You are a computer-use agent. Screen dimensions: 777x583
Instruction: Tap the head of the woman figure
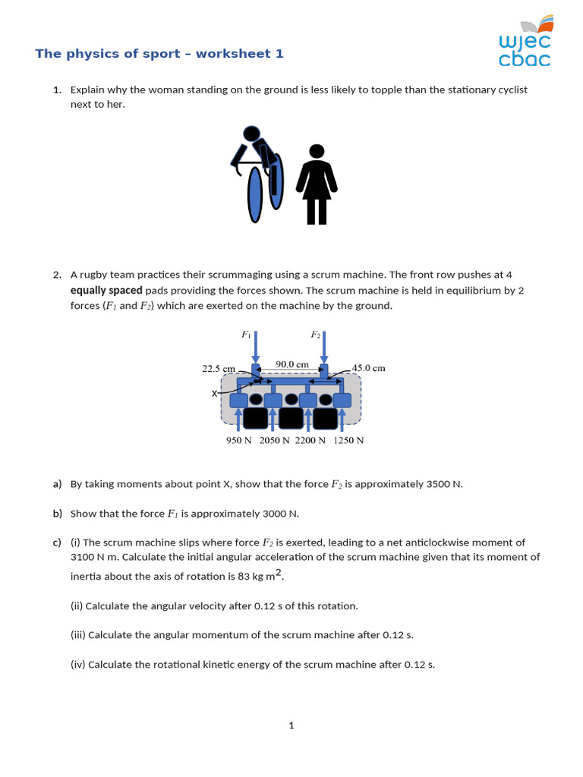pos(317,153)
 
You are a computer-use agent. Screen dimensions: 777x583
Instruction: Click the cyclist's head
pos(251,134)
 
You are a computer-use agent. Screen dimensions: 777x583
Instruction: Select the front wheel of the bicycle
pos(256,195)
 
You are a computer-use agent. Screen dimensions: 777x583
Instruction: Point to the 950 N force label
pos(238,440)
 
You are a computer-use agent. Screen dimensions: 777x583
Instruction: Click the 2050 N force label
pos(274,440)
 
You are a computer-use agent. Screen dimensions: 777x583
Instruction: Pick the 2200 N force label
pos(310,440)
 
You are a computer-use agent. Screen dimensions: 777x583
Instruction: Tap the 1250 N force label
pos(348,440)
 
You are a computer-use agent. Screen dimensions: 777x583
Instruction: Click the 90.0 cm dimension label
pos(291,364)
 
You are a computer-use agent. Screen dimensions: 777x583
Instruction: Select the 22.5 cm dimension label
pos(218,368)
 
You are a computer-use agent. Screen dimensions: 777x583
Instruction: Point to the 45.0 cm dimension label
pos(369,368)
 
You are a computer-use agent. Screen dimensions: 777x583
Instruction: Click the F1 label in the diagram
pos(246,334)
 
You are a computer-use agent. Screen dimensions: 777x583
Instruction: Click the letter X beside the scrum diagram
pos(214,394)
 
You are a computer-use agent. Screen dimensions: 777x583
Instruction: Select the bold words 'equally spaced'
pos(106,290)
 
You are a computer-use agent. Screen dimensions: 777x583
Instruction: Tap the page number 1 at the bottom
pos(291,725)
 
